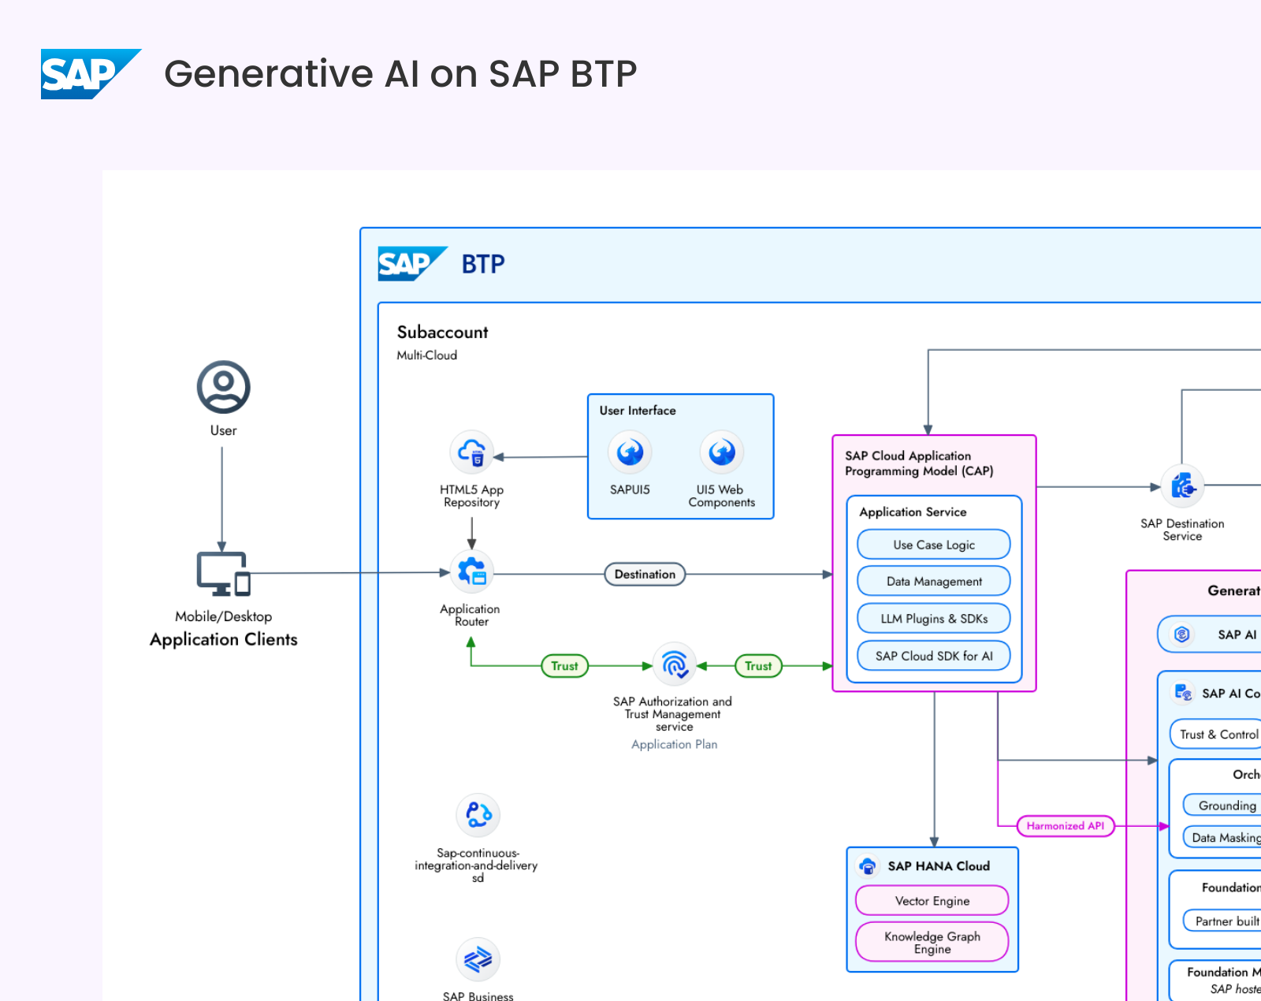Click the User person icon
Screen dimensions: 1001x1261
[x=223, y=387]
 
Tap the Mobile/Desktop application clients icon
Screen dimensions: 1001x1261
[x=223, y=574]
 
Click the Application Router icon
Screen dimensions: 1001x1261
[x=471, y=572]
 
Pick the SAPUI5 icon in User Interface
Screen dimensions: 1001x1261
[x=630, y=452]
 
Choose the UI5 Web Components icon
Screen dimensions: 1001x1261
[x=721, y=452]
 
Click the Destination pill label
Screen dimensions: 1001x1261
[x=645, y=575]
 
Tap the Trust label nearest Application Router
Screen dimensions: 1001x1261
[x=564, y=666]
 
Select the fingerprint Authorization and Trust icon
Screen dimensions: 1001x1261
[x=675, y=665]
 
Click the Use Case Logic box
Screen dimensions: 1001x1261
[x=934, y=545]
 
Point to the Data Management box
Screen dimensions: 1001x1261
[x=934, y=582]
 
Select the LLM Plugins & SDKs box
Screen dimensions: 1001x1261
[x=934, y=619]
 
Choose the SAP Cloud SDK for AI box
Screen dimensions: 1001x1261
[x=934, y=656]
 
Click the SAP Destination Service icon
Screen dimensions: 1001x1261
[x=1182, y=486]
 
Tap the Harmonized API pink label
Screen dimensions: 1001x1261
[x=1065, y=826]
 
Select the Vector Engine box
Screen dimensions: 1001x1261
[x=932, y=901]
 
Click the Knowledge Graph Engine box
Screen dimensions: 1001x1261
[x=932, y=942]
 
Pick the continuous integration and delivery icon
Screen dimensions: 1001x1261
[x=478, y=815]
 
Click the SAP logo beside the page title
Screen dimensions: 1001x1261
[x=89, y=74]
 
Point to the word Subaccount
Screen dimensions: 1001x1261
[x=442, y=333]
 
